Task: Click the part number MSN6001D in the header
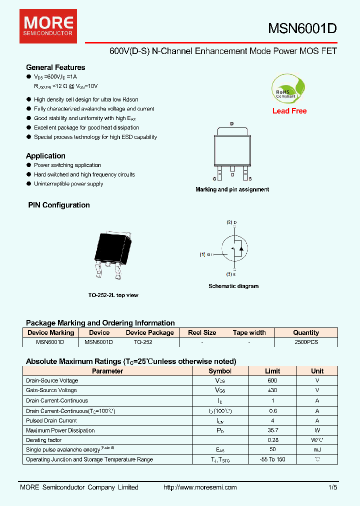(x=302, y=29)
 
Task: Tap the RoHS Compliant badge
(x=286, y=88)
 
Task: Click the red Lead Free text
(x=289, y=111)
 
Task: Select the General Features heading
(x=55, y=67)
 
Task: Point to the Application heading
(x=45, y=156)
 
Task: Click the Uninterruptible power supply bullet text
(x=68, y=184)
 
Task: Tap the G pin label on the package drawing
(x=214, y=178)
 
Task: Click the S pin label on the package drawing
(x=250, y=178)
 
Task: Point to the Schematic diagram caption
(x=233, y=286)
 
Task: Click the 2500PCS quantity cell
(x=306, y=342)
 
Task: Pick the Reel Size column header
(x=202, y=332)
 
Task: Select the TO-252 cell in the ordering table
(x=143, y=342)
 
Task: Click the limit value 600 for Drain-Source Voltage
(x=272, y=381)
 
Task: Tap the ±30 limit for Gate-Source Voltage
(x=272, y=390)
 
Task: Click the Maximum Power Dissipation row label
(x=60, y=430)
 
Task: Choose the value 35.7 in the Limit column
(x=272, y=430)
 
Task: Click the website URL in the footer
(x=200, y=487)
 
